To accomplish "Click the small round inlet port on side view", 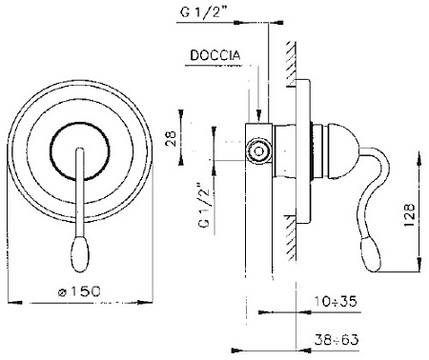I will tap(256, 150).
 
